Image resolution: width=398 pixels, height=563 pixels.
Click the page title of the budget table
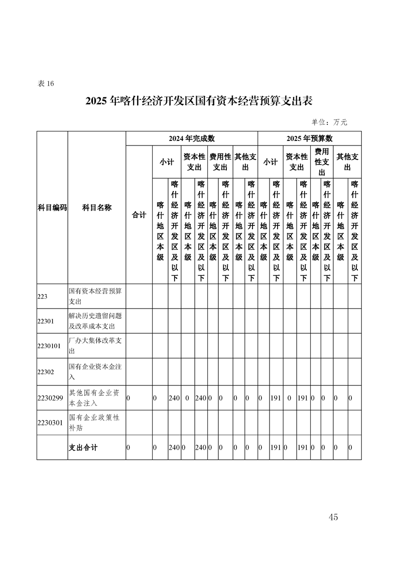199,101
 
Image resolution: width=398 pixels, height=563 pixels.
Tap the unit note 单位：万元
329,122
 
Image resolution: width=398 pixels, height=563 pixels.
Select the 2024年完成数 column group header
192,138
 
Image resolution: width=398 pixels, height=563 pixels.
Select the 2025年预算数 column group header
310,138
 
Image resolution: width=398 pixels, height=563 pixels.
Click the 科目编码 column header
52,208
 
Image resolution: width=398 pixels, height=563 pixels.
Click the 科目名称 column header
97,208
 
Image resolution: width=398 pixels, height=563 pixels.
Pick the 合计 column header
139,214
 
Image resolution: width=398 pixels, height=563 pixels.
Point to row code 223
42,297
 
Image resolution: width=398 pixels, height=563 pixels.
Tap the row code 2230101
49,346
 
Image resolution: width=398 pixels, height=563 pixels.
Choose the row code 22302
45,372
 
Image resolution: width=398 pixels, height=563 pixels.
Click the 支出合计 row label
83,448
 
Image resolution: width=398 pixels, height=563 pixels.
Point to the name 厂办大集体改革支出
95,346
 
